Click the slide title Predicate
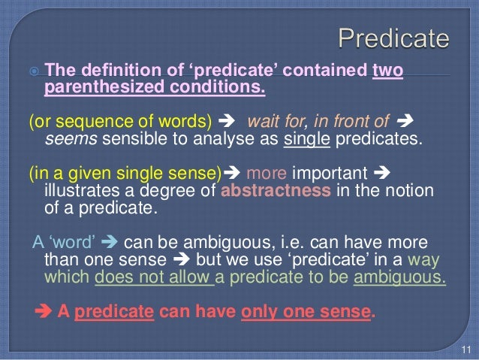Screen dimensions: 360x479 tap(394, 38)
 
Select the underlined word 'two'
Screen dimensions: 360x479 tap(388, 72)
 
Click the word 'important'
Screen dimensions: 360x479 tap(334, 171)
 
